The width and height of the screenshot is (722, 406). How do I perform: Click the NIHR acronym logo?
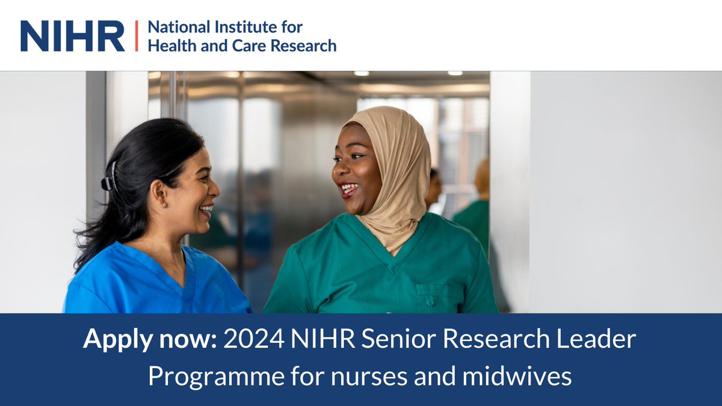[72, 36]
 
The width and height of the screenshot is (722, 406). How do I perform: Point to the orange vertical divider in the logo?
[136, 36]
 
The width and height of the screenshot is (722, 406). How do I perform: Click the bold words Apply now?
[150, 340]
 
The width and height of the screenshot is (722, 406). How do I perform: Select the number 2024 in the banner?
[253, 340]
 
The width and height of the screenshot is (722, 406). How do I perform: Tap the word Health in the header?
[168, 46]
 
